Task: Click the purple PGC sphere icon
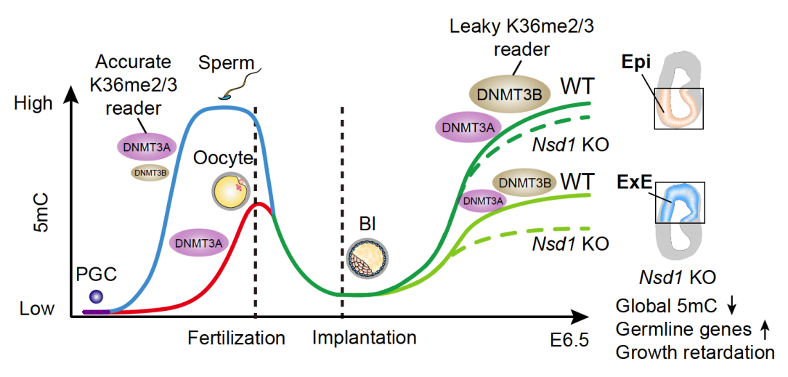click(97, 296)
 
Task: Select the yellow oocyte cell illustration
click(230, 191)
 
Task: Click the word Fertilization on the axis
click(237, 338)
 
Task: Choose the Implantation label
click(365, 338)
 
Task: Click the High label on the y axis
click(33, 103)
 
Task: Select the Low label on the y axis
click(37, 309)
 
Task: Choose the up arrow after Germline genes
click(764, 330)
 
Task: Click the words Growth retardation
click(694, 353)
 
